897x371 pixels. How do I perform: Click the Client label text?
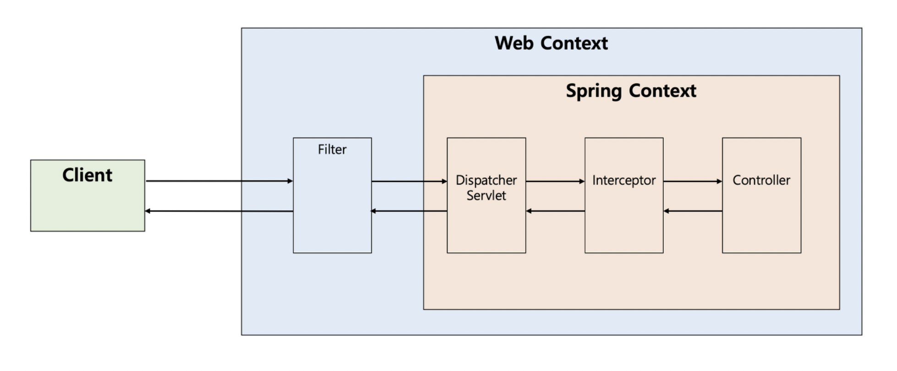point(87,175)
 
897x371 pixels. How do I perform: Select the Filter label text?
point(332,149)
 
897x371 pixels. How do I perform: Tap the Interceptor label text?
point(624,180)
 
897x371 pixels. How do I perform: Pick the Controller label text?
point(761,180)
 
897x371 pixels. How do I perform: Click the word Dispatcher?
point(486,180)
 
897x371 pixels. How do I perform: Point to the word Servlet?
point(486,196)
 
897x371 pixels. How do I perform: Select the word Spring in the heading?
point(595,91)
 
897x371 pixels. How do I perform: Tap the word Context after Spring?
point(663,91)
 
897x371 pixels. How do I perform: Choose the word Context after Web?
point(574,43)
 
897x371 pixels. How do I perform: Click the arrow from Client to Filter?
point(219,181)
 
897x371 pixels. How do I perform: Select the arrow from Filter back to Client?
point(219,211)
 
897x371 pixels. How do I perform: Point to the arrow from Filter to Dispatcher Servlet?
point(409,181)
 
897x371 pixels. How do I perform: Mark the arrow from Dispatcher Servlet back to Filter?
point(409,211)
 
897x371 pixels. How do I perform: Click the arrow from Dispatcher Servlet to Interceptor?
point(555,181)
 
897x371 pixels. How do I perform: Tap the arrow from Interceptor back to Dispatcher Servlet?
point(555,211)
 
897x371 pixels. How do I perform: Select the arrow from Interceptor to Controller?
point(693,181)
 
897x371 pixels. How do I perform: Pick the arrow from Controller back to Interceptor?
point(693,211)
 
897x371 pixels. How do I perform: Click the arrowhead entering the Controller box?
point(719,181)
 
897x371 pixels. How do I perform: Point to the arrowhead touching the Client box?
point(148,211)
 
